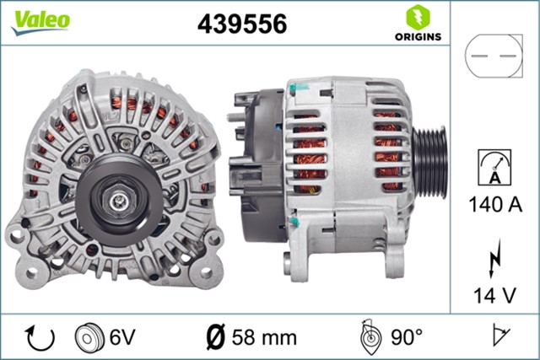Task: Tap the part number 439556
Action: [241, 24]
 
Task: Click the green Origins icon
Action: [416, 18]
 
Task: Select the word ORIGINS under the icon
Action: [416, 38]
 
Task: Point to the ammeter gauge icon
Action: [494, 166]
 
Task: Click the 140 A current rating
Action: [494, 205]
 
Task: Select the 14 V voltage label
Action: [494, 295]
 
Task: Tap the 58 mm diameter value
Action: [264, 338]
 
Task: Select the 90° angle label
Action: [408, 338]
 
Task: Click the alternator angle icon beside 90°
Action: [369, 336]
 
